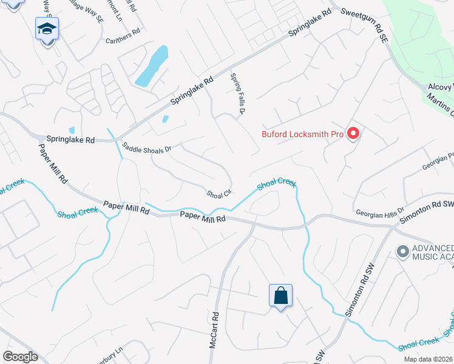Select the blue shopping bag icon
(x=280, y=296)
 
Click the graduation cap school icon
(x=47, y=29)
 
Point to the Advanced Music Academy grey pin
(x=402, y=251)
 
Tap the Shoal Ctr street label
(x=219, y=194)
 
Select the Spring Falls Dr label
(x=237, y=94)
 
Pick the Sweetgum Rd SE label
(x=364, y=25)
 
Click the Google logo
(x=20, y=357)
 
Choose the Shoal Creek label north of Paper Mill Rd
(x=276, y=184)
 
